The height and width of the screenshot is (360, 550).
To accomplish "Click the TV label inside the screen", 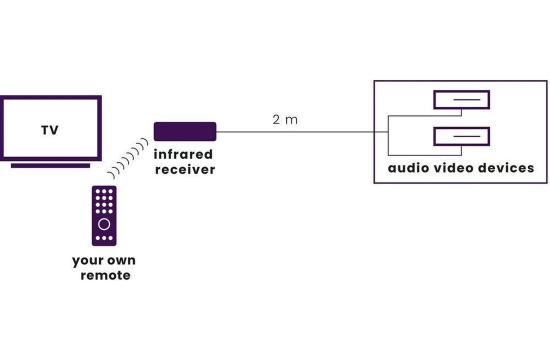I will [x=49, y=130].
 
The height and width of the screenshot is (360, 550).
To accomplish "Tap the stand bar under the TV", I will [x=50, y=165].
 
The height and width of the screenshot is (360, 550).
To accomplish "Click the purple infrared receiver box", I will [x=184, y=131].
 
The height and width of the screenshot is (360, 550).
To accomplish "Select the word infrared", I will [x=183, y=154].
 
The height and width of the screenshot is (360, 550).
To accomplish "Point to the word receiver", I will [x=184, y=169].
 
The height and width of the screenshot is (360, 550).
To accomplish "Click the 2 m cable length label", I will [x=285, y=120].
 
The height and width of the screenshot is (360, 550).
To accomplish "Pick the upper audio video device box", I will [x=461, y=100].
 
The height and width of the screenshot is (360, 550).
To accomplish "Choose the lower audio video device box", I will [x=461, y=136].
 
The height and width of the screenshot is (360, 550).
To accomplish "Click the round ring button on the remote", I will [x=104, y=223].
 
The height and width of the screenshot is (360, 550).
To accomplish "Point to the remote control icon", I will [x=104, y=215].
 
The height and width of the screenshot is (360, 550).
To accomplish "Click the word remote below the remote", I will [x=105, y=275].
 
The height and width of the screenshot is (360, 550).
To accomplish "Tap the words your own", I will [x=104, y=260].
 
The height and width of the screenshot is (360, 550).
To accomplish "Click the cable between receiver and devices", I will [x=295, y=132].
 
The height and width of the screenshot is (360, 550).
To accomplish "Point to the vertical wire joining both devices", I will [x=388, y=135].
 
